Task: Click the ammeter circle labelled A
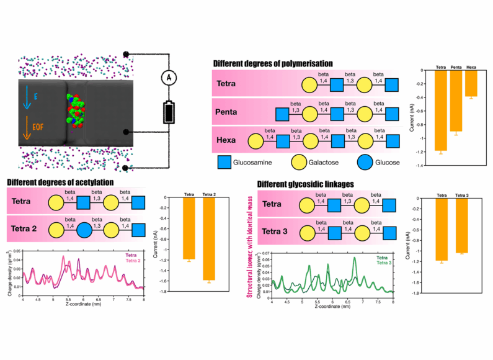point(166,77)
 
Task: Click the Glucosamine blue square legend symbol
point(226,163)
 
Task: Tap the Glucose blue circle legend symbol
point(365,163)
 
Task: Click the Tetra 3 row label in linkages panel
point(278,232)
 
